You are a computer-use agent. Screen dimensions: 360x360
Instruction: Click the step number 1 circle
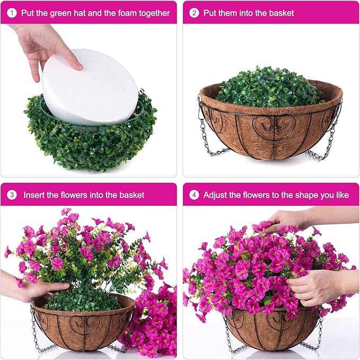pos(12,12)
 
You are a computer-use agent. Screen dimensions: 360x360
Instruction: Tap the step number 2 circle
pos(195,12)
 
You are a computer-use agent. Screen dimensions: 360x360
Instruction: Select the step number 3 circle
pos(12,195)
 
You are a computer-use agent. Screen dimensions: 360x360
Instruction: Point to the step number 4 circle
pos(195,195)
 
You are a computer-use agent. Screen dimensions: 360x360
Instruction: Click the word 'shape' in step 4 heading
pos(304,195)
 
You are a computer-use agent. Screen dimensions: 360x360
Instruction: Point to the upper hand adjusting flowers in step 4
pos(289,217)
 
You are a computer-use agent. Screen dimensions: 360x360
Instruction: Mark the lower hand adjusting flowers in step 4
pos(318,286)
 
